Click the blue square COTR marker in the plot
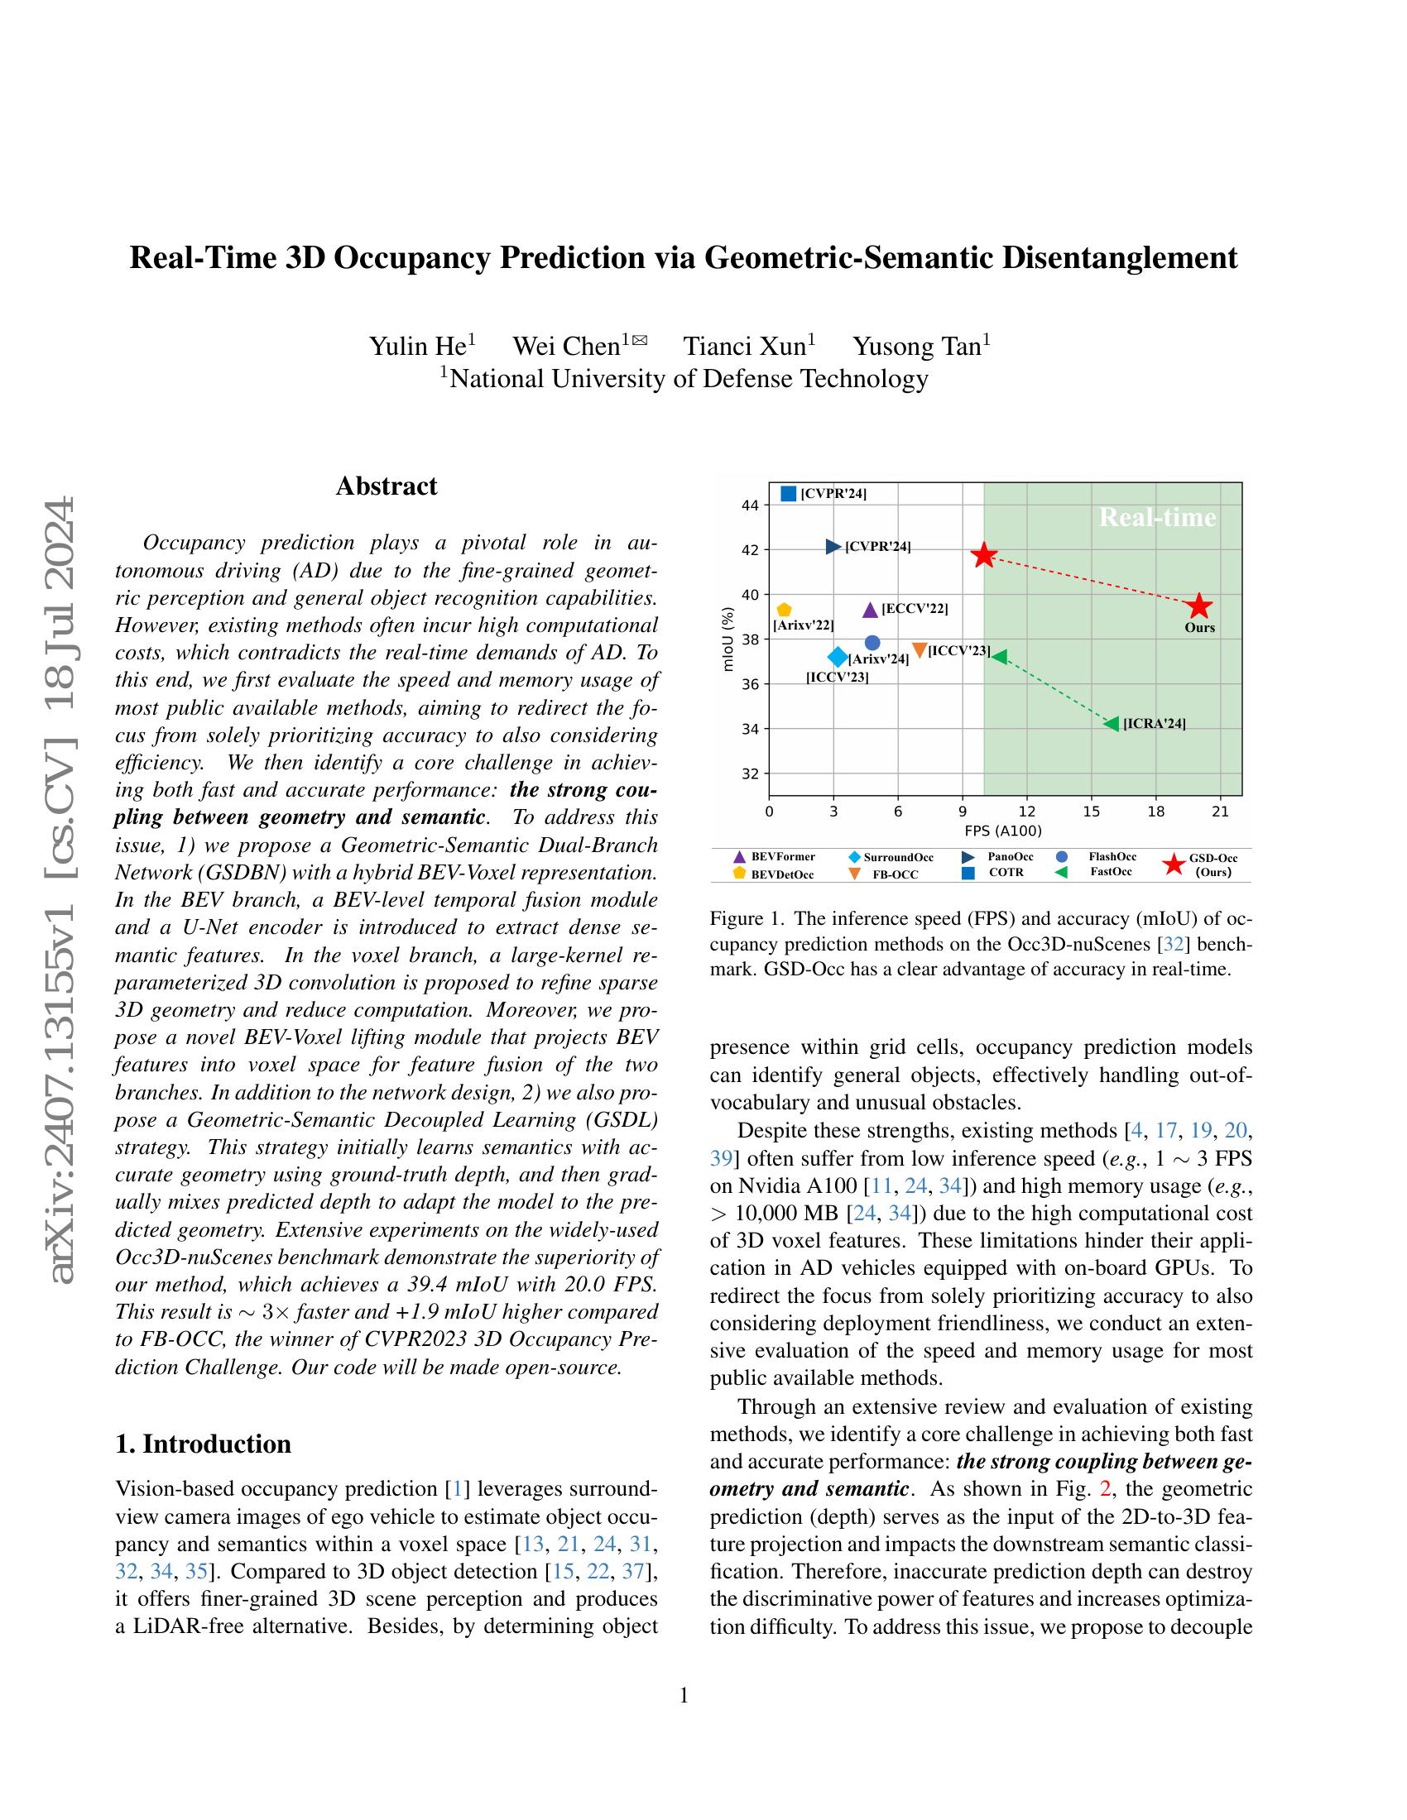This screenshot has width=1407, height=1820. pyautogui.click(x=789, y=493)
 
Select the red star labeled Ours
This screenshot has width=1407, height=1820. pyautogui.click(x=1198, y=606)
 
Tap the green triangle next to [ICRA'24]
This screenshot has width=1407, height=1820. pyautogui.click(x=1111, y=723)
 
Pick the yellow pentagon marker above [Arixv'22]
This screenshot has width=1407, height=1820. pyautogui.click(x=784, y=610)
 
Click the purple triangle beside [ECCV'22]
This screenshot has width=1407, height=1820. pyautogui.click(x=869, y=610)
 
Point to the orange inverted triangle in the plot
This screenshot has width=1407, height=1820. pyautogui.click(x=920, y=650)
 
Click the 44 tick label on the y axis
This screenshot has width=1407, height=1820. pyautogui.click(x=748, y=505)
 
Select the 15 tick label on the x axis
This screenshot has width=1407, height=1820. pyautogui.click(x=1090, y=811)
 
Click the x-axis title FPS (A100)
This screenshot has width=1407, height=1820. pyautogui.click(x=1004, y=831)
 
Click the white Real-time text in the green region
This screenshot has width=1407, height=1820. pyautogui.click(x=1157, y=518)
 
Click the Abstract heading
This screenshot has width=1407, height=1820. pyautogui.click(x=386, y=486)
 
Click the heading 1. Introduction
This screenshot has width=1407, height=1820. pyautogui.click(x=204, y=1444)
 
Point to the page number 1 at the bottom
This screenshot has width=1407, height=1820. pyautogui.click(x=684, y=1695)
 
